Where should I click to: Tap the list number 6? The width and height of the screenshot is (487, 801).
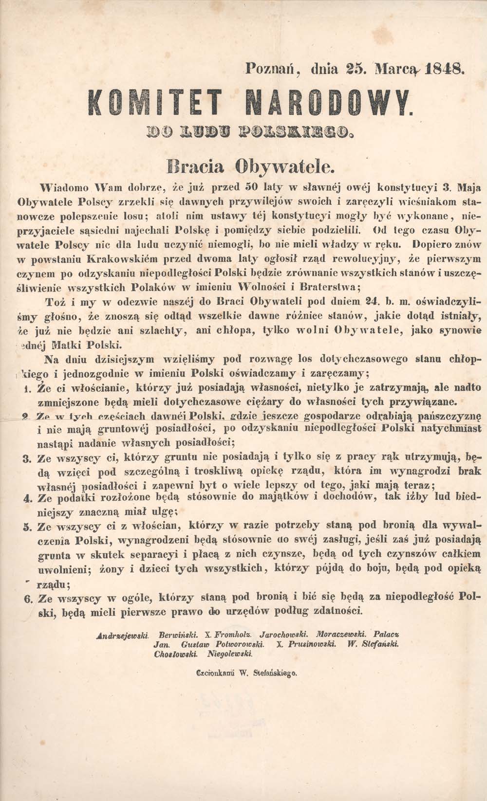coord(27,600)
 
